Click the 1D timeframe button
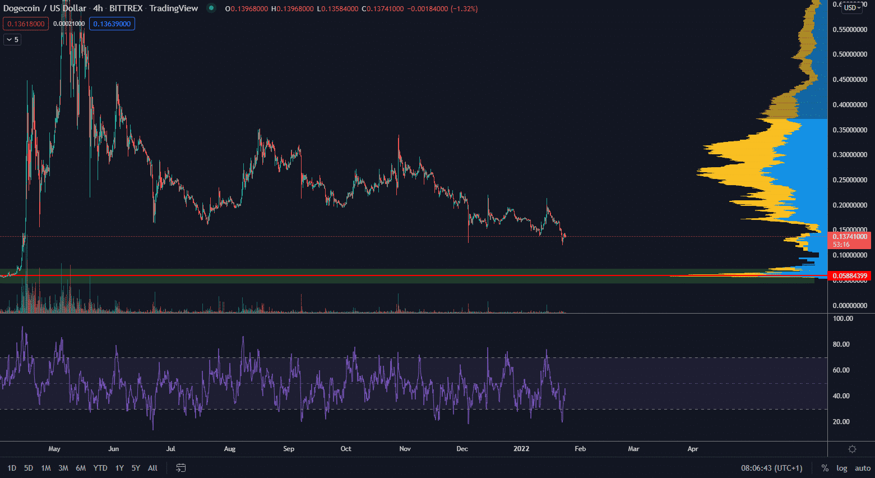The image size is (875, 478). tap(12, 468)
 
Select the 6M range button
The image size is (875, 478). tap(81, 468)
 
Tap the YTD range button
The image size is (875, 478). tap(100, 468)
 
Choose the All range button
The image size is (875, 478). tap(152, 468)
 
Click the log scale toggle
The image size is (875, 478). tap(841, 468)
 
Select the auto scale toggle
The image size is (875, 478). tap(862, 468)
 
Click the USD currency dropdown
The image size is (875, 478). tap(852, 8)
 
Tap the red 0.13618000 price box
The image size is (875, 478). tap(26, 24)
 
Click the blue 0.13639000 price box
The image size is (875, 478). tap(112, 24)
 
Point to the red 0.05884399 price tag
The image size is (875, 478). tap(850, 276)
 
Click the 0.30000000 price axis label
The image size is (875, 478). tap(850, 155)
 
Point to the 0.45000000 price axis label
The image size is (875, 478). tap(850, 80)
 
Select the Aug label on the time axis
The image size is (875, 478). tap(230, 449)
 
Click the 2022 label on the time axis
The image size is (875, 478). tap(521, 449)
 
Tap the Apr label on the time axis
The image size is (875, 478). tap(693, 449)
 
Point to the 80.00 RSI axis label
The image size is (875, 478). tap(841, 344)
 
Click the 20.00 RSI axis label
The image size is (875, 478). tap(841, 422)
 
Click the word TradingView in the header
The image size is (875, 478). tap(174, 8)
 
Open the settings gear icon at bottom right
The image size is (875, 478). tap(852, 449)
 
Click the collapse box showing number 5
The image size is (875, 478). tap(12, 40)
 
